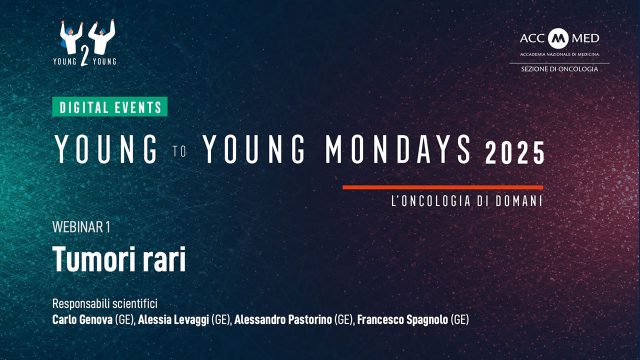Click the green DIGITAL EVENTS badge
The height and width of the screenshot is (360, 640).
[109, 106]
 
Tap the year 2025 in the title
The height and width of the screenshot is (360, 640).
[515, 153]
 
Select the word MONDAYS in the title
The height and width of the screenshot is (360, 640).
[398, 149]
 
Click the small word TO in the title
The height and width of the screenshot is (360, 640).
[179, 151]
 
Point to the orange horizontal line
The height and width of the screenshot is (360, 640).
[443, 187]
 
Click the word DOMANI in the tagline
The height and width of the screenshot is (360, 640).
[519, 201]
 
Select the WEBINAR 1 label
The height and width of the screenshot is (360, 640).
[81, 227]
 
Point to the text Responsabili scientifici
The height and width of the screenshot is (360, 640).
[105, 303]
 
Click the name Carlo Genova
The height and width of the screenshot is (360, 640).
[82, 319]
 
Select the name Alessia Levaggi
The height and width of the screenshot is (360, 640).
[173, 319]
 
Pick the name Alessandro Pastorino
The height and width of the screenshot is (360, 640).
[283, 319]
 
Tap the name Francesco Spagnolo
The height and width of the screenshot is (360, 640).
[402, 319]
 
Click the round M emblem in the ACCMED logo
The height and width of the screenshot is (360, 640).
[558, 38]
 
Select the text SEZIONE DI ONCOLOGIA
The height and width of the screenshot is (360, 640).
[559, 69]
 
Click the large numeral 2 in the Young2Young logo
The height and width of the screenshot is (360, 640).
[84, 55]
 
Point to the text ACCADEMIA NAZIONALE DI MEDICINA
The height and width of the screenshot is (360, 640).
[559, 54]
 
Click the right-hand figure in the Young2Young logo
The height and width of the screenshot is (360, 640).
[101, 37]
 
